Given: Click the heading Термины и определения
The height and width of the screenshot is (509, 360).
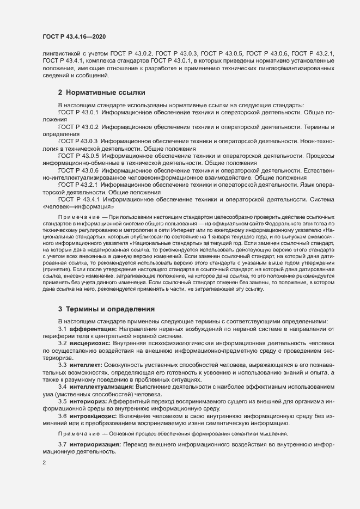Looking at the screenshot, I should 106,309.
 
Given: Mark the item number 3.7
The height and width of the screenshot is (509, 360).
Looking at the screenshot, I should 62,445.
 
